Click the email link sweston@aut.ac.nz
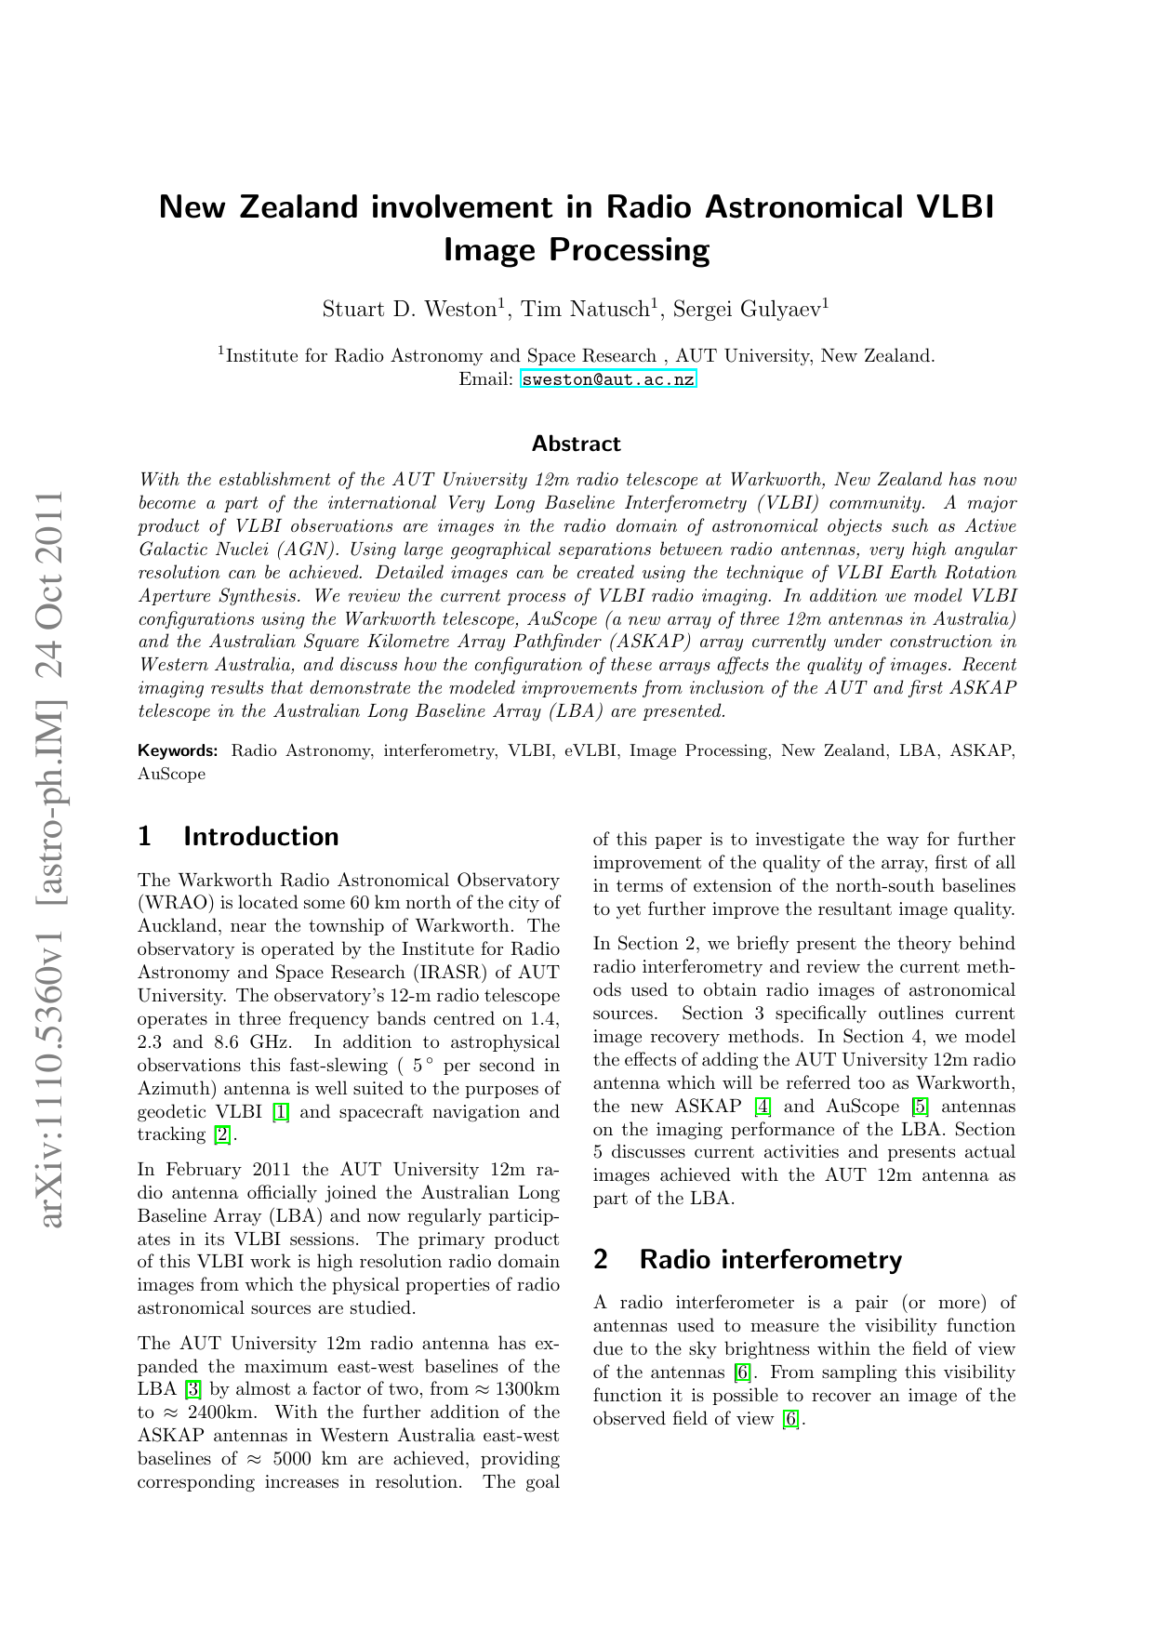point(607,379)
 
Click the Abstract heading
point(576,444)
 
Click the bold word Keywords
point(177,750)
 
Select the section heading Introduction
point(260,837)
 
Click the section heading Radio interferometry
point(770,1259)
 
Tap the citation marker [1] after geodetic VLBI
point(280,1112)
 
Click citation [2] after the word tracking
point(222,1134)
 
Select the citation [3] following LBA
point(193,1390)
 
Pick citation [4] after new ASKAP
point(763,1107)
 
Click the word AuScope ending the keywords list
point(171,774)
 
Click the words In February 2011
point(212,1170)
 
